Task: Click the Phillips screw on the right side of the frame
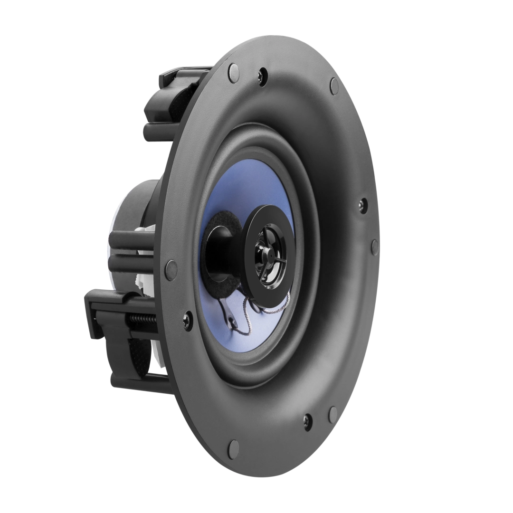(x=362, y=205)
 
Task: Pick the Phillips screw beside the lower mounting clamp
(x=188, y=321)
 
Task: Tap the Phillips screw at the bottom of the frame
(x=307, y=421)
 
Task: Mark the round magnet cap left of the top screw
(x=234, y=72)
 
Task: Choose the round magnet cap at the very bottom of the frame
(x=233, y=448)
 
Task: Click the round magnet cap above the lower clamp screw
(x=171, y=270)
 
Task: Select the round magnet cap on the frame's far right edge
(x=375, y=247)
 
